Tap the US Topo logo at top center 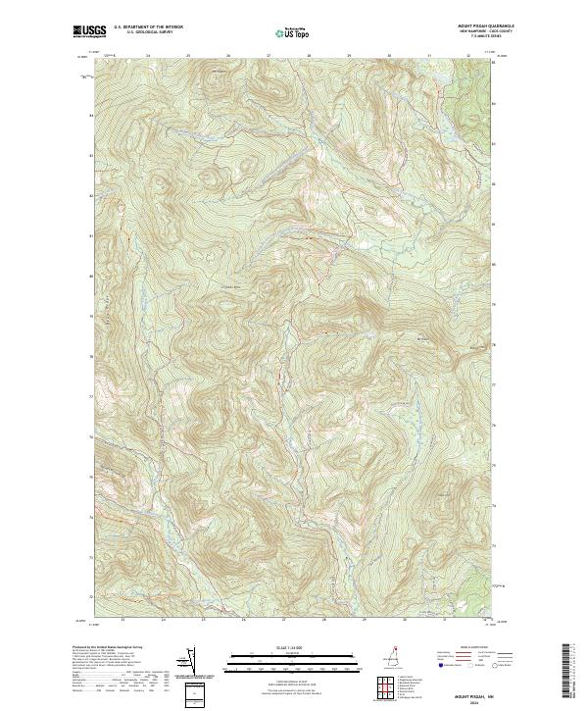pyautogui.click(x=293, y=32)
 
